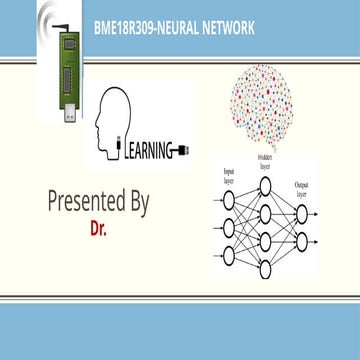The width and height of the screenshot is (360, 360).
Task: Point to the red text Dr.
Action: [x=98, y=228]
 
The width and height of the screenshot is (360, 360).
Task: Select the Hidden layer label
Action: [x=264, y=163]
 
